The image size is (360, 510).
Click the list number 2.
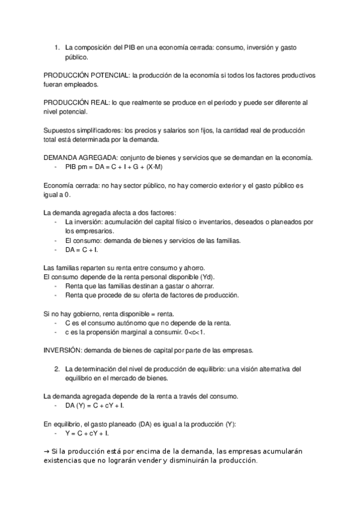56,368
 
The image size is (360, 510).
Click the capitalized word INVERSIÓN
63,350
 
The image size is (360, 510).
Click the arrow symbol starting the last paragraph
47,451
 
